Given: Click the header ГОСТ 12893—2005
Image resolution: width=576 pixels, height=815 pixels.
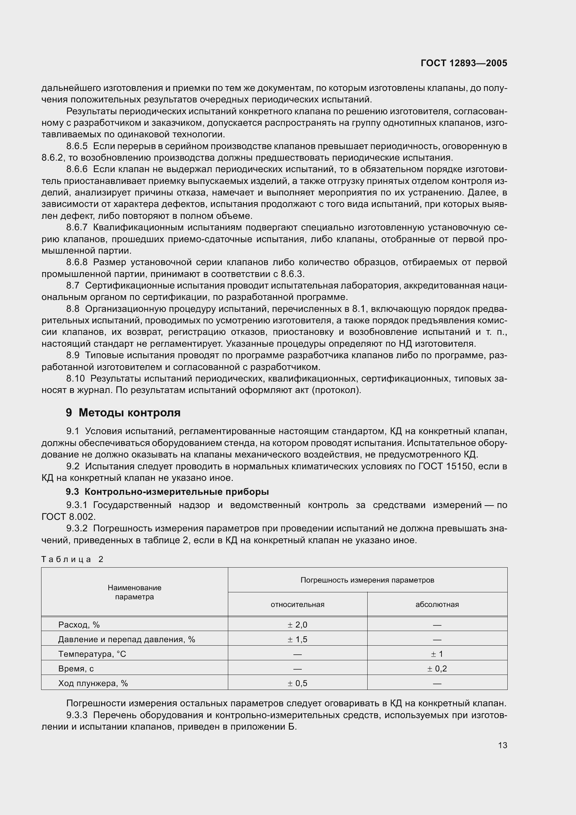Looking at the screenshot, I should tap(464, 63).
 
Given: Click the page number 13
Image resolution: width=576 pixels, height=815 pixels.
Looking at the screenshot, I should tap(502, 745).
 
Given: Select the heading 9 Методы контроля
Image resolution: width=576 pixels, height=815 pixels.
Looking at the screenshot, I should tap(123, 413).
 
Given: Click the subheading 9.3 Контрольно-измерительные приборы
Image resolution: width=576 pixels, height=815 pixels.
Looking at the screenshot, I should tap(167, 492).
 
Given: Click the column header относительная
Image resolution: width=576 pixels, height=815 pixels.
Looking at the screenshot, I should tap(297, 604).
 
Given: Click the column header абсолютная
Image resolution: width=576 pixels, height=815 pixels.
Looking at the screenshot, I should tap(437, 604).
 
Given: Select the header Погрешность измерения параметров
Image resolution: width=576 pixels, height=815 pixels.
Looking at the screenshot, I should tap(367, 580).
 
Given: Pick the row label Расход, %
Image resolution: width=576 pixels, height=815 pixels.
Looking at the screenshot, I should tap(79, 625).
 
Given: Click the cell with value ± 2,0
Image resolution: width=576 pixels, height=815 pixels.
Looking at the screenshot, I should tap(297, 625).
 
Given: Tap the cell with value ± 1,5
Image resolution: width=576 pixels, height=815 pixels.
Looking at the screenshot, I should tap(297, 639).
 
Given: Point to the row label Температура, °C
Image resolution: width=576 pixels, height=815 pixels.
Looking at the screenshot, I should tap(92, 654).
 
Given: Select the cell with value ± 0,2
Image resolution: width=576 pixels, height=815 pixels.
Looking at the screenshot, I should tap(437, 668).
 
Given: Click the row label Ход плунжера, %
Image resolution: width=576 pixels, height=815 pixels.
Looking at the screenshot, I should tap(93, 683).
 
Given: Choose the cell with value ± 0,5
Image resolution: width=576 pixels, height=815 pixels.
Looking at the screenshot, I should tap(297, 683).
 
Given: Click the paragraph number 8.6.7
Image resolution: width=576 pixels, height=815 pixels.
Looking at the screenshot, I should tap(77, 227).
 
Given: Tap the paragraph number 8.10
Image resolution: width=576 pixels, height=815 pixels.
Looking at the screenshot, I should tap(75, 379).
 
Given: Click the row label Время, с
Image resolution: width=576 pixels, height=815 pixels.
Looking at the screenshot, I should tap(76, 668).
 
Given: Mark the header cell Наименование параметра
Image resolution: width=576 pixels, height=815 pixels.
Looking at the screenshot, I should tap(135, 592).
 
